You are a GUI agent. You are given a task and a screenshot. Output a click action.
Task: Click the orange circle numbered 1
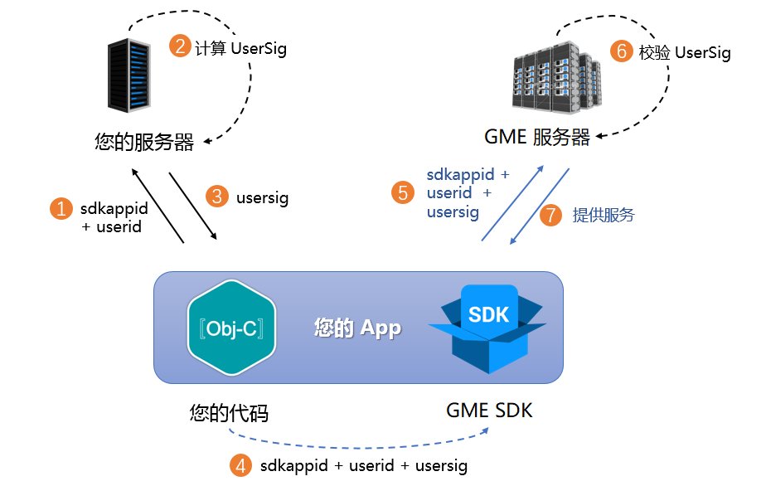[61, 208]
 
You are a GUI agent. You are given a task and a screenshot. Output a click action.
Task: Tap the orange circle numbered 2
[180, 46]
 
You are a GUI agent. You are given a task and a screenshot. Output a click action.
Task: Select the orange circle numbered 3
[218, 197]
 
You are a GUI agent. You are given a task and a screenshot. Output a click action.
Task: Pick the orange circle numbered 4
[240, 465]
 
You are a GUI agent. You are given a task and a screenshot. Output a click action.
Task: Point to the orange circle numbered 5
[403, 192]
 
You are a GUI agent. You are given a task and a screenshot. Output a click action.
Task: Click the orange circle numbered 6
[621, 51]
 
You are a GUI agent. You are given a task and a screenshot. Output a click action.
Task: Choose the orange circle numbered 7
[550, 216]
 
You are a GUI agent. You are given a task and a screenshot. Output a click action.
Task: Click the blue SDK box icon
[487, 328]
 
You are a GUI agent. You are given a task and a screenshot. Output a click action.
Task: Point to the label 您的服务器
[144, 142]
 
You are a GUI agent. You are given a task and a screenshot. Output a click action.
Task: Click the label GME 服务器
[536, 138]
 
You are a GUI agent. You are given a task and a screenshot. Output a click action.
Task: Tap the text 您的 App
[357, 328]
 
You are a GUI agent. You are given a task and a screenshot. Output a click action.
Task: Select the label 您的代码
[228, 412]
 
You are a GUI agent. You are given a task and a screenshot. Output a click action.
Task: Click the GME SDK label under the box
[489, 410]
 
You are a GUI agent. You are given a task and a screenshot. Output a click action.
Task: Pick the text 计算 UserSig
[240, 48]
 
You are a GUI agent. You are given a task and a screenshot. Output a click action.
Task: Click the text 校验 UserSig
[685, 53]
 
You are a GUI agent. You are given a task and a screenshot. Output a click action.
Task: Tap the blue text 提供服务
[604, 216]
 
